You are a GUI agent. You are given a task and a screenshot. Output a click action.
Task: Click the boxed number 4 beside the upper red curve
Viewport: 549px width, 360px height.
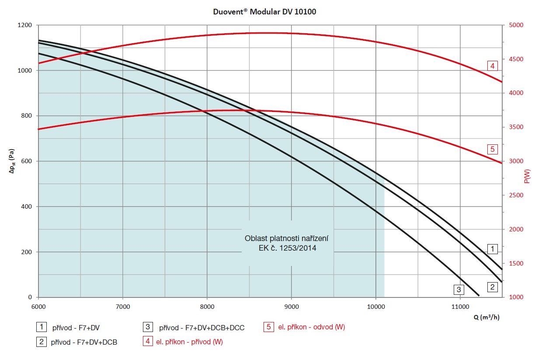493,66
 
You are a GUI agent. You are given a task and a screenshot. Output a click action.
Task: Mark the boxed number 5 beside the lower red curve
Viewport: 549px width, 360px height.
493,150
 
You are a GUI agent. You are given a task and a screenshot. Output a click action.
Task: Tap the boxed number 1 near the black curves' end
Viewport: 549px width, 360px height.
493,249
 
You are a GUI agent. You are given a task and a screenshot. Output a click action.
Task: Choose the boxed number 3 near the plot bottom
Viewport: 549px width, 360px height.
459,289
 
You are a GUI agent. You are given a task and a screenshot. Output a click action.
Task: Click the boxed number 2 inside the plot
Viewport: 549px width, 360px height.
493,287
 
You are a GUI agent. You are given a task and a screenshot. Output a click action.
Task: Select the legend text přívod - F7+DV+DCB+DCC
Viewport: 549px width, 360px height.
202,328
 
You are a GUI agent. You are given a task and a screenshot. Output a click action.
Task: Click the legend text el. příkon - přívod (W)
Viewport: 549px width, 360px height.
189,342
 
